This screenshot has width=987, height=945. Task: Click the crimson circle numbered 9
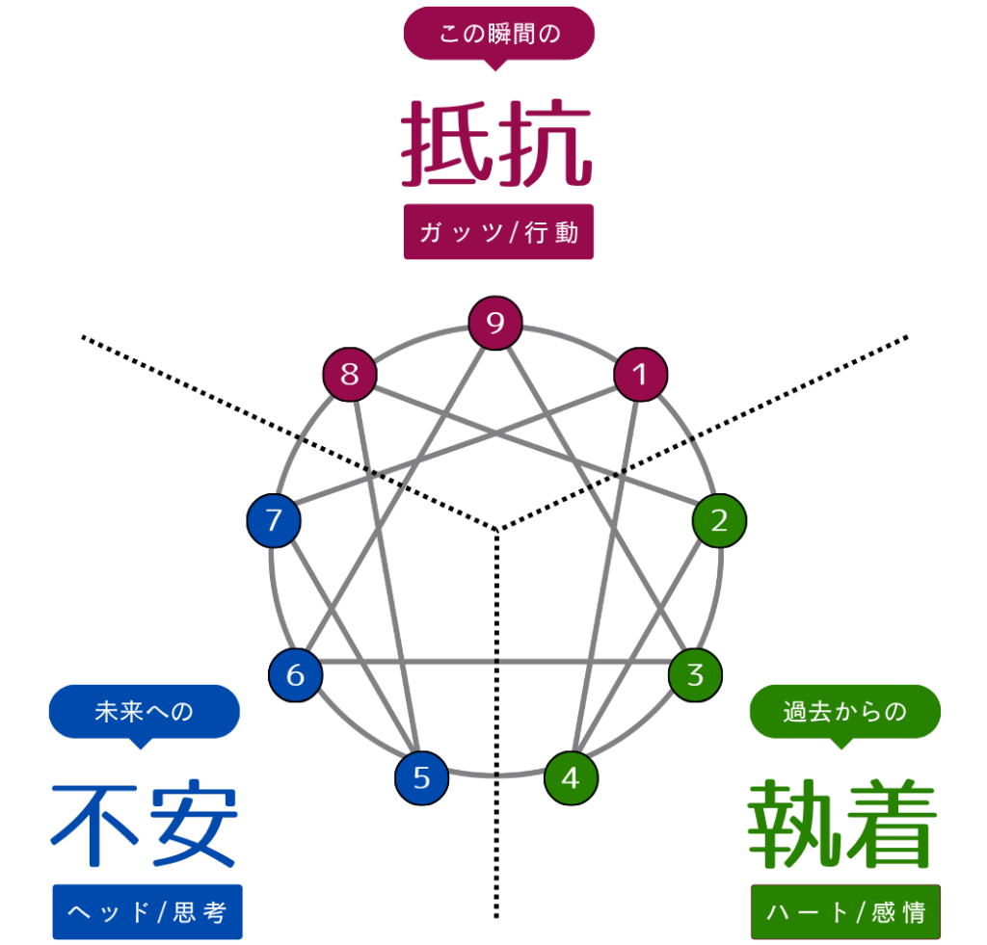pos(495,323)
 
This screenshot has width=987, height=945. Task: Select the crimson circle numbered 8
pos(349,374)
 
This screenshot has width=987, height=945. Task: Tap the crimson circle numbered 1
pos(641,374)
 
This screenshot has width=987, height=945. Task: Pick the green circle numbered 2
pos(719,521)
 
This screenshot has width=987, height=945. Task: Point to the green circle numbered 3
pos(695,674)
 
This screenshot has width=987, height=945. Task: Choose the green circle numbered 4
pos(571,777)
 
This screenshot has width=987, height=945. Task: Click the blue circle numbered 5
pos(421,777)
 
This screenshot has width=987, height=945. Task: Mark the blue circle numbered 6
pos(295,674)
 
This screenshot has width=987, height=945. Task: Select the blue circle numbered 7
pos(274,521)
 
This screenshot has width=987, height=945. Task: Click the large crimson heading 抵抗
pos(495,144)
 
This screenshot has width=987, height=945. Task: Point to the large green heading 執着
pos(843,827)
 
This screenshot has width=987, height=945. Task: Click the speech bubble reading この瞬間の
pos(498,34)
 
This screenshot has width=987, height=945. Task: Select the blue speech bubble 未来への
pos(144,712)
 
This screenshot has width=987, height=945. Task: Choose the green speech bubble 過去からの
pos(845,712)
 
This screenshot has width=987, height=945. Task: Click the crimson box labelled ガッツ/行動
pos(498,232)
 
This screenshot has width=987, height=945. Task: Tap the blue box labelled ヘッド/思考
pos(147,911)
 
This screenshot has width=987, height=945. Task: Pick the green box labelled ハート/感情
pos(845,911)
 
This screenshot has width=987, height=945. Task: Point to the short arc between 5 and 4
pos(495,774)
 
